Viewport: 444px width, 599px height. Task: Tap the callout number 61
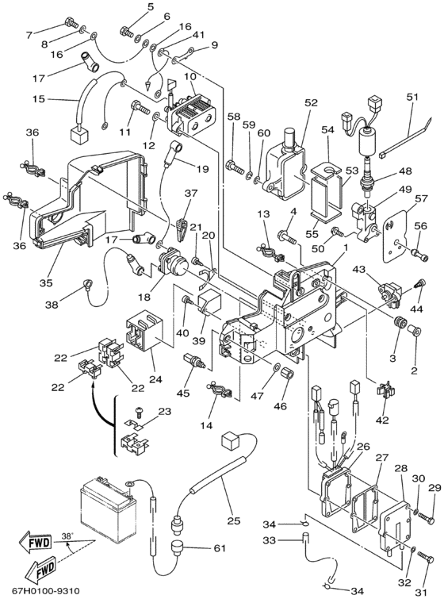pyautogui.click(x=219, y=548)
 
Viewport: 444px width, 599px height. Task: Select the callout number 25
pyautogui.click(x=233, y=520)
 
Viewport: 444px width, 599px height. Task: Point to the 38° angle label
pyautogui.click(x=67, y=536)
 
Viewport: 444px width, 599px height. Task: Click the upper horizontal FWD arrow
pyautogui.click(x=36, y=542)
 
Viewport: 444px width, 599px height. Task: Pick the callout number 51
pyautogui.click(x=412, y=97)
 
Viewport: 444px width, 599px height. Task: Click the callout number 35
pyautogui.click(x=45, y=282)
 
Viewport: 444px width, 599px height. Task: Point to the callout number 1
pyautogui.click(x=346, y=248)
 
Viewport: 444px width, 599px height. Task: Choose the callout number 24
pyautogui.click(x=155, y=379)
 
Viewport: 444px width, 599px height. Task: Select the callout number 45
pyautogui.click(x=183, y=393)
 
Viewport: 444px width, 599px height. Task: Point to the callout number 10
pyautogui.click(x=189, y=76)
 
